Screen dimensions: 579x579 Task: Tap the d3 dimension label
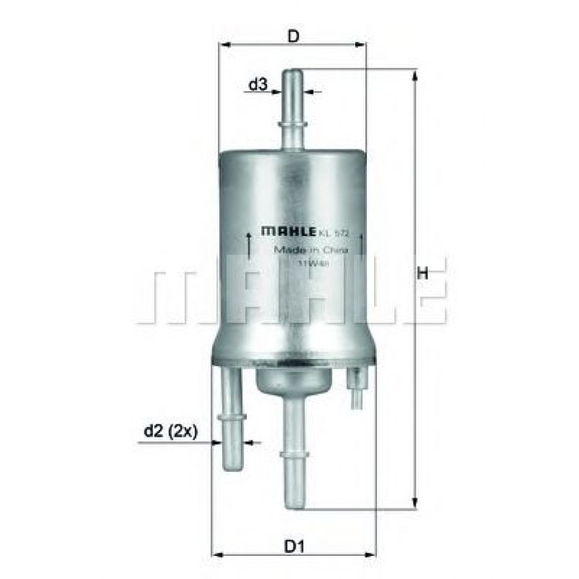(x=257, y=85)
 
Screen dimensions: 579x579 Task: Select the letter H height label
(x=424, y=273)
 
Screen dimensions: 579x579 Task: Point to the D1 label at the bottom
(x=291, y=547)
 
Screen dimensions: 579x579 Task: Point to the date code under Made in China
(x=309, y=263)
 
